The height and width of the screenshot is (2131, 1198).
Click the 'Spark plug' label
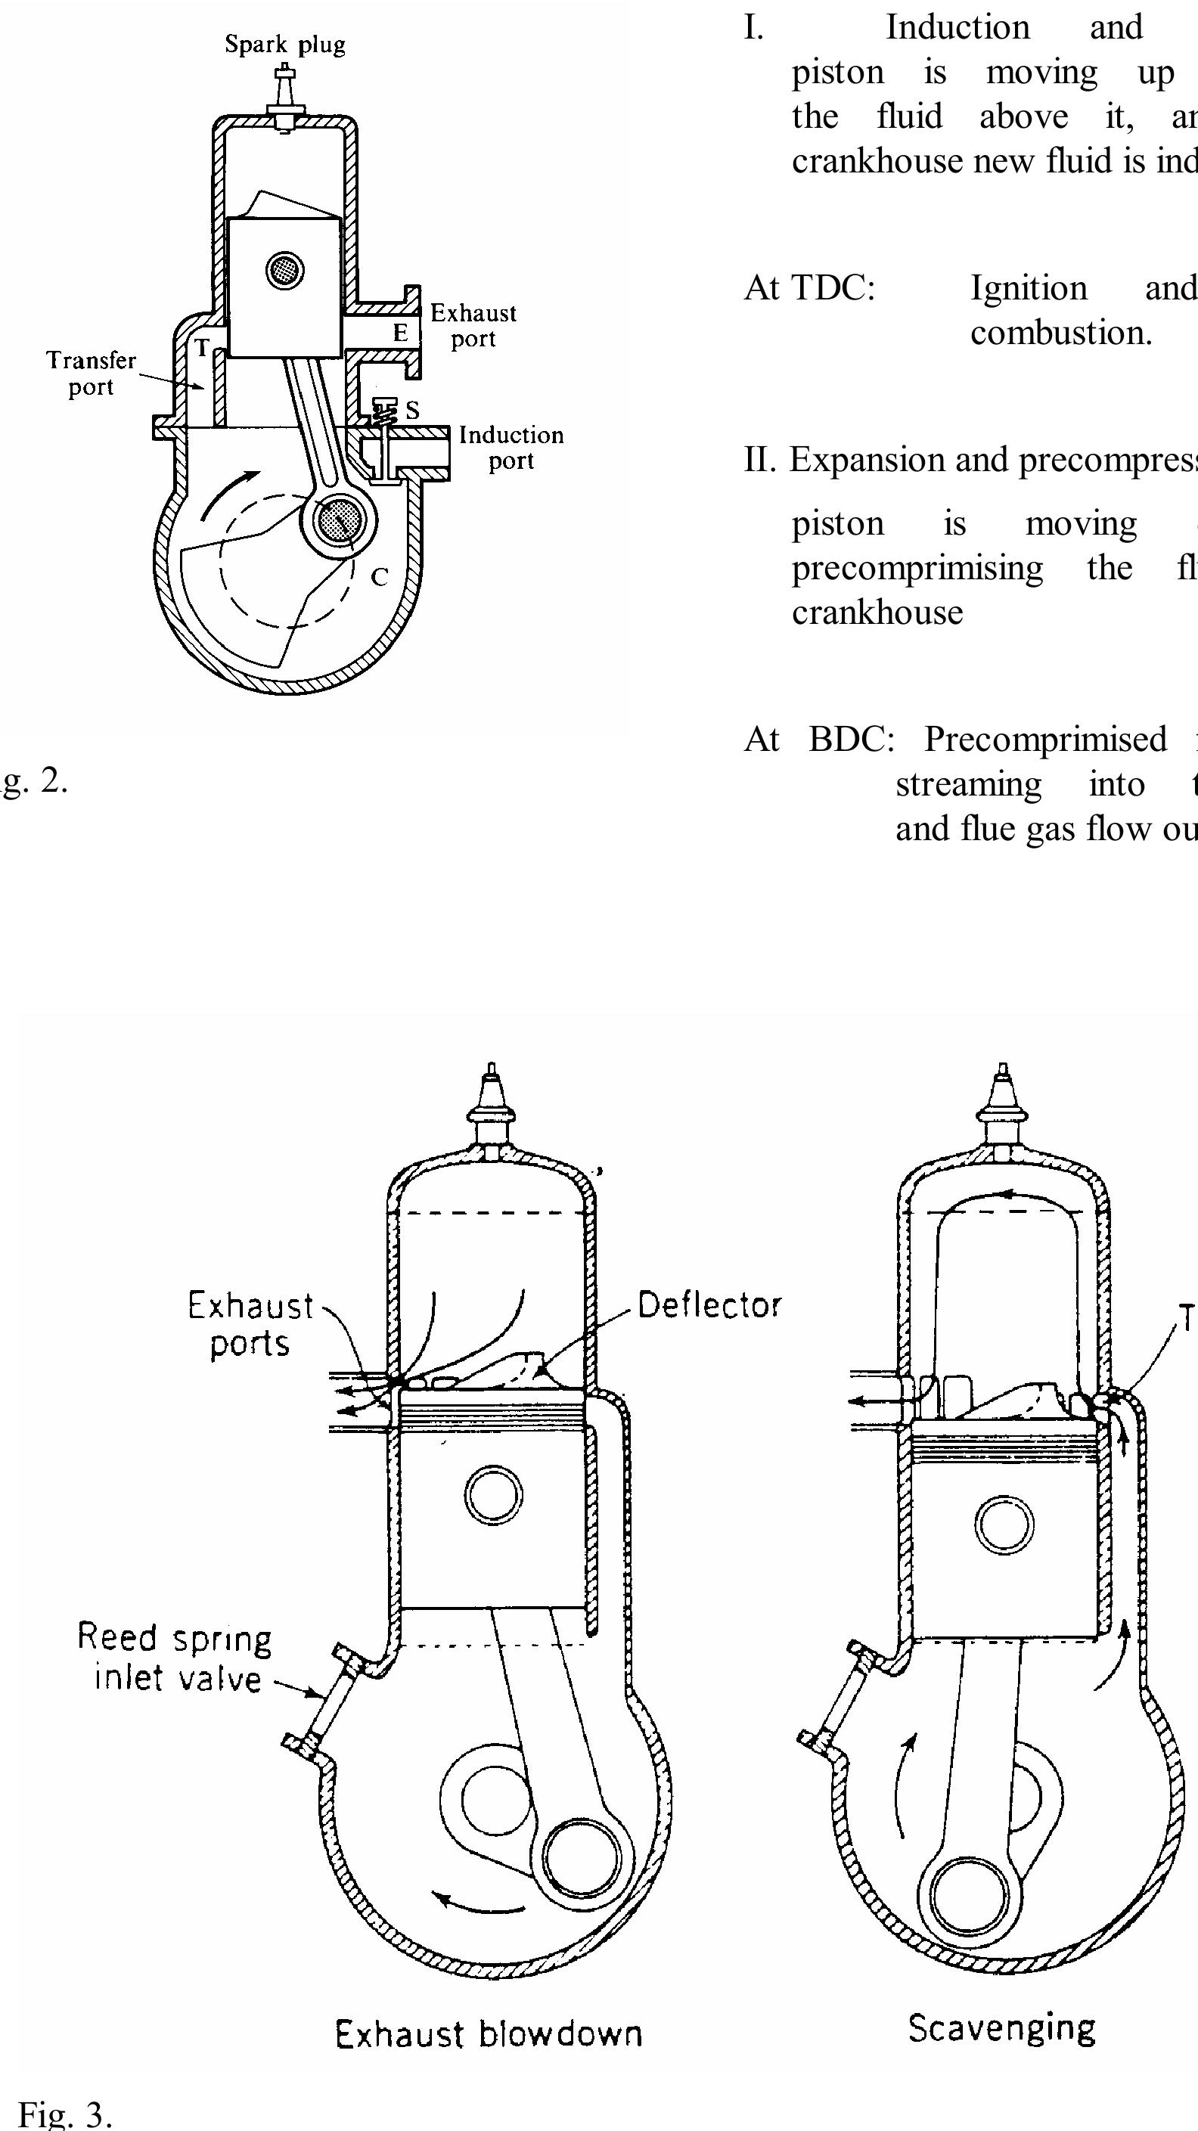point(284,45)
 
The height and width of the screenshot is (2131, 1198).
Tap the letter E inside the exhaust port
point(400,333)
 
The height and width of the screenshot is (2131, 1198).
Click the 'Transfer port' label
point(91,373)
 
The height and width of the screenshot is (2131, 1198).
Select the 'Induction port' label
point(511,448)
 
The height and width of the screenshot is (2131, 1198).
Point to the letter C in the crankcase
point(380,576)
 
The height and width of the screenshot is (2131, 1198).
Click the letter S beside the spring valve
point(412,411)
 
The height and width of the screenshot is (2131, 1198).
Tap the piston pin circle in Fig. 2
point(285,270)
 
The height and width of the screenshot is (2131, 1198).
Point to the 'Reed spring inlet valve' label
point(175,1658)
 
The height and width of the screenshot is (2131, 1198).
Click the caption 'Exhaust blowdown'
point(488,2033)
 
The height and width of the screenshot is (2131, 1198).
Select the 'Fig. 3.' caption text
point(64,2114)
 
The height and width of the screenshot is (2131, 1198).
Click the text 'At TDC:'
point(809,288)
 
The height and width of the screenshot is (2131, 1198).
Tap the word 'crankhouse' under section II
point(877,613)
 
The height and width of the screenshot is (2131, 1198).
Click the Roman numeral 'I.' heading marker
point(753,27)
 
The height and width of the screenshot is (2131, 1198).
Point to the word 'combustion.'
point(1060,333)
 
